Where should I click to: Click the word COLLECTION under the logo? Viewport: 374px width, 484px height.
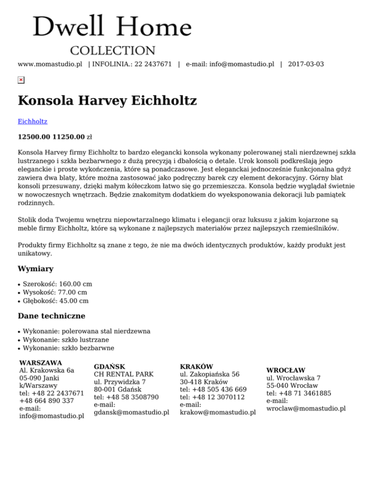[x=113, y=51]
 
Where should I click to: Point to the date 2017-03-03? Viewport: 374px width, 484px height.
[x=306, y=64]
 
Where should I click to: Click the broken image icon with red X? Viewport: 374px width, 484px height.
[x=21, y=80]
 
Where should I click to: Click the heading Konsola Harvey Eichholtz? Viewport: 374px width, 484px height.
[x=107, y=101]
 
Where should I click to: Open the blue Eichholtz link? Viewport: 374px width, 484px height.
[x=33, y=121]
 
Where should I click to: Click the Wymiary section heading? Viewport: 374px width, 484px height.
[x=36, y=269]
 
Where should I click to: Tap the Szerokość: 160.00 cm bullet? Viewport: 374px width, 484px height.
[x=57, y=284]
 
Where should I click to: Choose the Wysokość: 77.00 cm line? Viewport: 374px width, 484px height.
[x=55, y=292]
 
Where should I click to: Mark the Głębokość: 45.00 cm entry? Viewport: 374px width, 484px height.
[x=56, y=301]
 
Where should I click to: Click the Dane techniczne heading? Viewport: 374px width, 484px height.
[x=52, y=316]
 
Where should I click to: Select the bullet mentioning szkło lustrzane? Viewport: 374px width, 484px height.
[x=66, y=339]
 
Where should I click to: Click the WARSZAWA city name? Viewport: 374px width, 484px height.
[x=40, y=363]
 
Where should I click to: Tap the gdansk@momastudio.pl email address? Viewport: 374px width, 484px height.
[x=131, y=412]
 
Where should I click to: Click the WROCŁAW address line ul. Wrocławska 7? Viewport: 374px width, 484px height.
[x=294, y=378]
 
